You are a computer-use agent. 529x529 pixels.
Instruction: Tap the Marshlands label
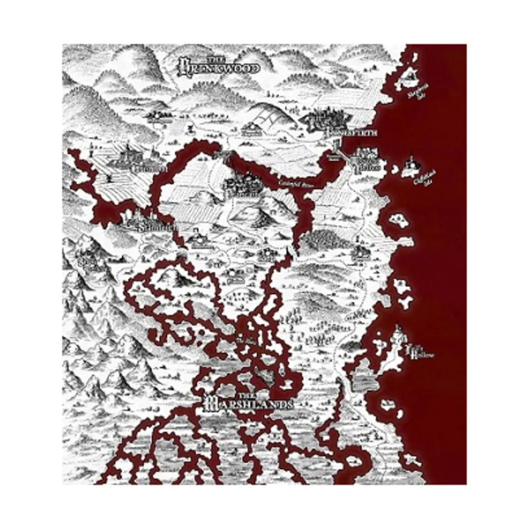click(247, 404)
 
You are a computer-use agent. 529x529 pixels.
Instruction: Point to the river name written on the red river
click(289, 183)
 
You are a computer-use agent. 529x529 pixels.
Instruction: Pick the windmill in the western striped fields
click(108, 176)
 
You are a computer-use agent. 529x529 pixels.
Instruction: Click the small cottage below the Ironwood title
click(190, 126)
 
